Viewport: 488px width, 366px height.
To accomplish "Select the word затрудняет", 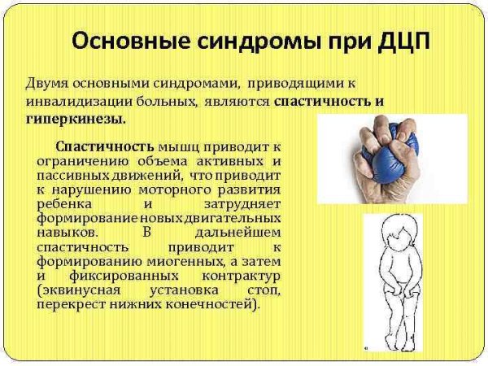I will click(242, 203).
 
